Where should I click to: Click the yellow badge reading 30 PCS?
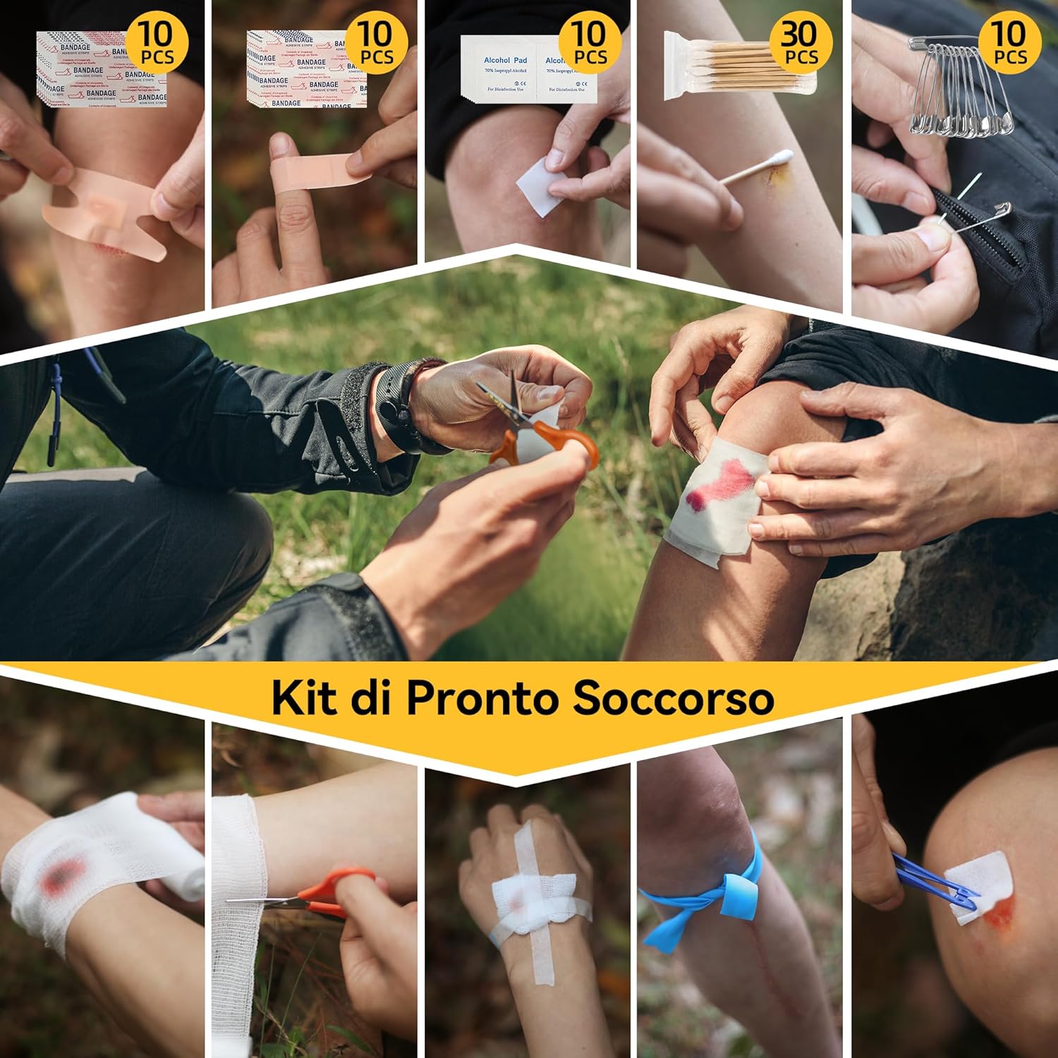[799, 43]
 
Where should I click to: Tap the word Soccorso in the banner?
[673, 698]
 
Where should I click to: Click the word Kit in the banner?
[303, 698]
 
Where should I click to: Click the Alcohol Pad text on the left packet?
[505, 61]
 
